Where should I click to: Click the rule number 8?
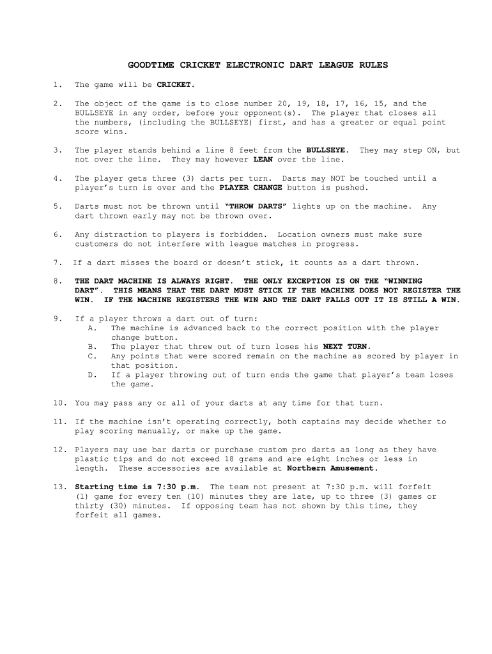pyautogui.click(x=58, y=281)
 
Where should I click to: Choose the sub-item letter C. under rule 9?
pyautogui.click(x=92, y=356)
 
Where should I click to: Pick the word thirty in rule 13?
pyautogui.click(x=89, y=506)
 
